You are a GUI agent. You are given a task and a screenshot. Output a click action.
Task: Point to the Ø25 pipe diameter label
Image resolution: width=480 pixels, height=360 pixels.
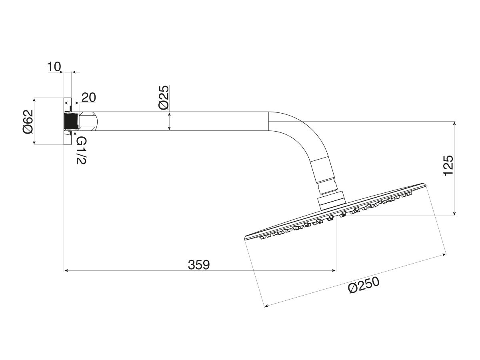pyautogui.click(x=163, y=98)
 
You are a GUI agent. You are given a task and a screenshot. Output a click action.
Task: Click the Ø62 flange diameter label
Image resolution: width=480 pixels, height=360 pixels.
pyautogui.click(x=28, y=121)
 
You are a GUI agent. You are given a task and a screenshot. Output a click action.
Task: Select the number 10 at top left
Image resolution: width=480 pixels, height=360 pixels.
pyautogui.click(x=54, y=66)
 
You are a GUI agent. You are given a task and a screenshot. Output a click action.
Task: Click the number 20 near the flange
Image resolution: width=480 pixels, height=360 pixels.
pyautogui.click(x=88, y=98)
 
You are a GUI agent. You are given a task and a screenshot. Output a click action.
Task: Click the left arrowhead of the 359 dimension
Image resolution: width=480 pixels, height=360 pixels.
pyautogui.click(x=66, y=271)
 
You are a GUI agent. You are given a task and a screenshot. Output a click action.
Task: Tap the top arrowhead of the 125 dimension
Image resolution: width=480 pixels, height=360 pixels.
pyautogui.click(x=455, y=123)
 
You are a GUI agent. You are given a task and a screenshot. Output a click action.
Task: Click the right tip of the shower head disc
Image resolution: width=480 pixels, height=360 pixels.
pyautogui.click(x=426, y=185)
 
